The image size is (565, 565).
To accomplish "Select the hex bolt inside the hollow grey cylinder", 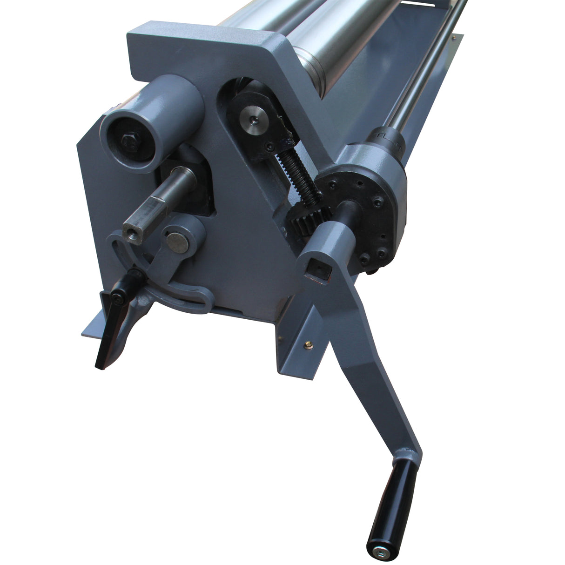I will (128, 142).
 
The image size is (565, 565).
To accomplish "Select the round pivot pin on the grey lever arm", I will (177, 242).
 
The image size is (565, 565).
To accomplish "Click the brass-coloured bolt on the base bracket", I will (308, 344).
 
